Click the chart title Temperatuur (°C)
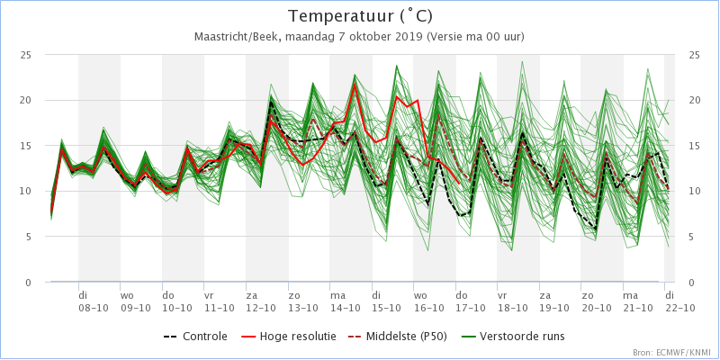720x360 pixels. [360, 16]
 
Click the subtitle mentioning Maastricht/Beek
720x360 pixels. [359, 37]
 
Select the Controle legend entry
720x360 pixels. [195, 337]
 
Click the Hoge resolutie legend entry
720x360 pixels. [288, 337]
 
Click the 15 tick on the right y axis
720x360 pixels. [695, 146]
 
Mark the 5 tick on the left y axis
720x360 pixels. [28, 237]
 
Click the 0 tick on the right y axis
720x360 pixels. [692, 283]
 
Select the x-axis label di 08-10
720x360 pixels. [94, 300]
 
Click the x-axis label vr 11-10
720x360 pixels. [219, 300]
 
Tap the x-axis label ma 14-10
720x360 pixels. [345, 300]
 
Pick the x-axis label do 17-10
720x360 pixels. [470, 300]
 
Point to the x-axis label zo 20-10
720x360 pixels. [596, 300]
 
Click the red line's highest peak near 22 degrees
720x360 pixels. [355, 83]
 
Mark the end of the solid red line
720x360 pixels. [460, 184]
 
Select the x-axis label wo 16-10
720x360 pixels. [428, 300]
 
